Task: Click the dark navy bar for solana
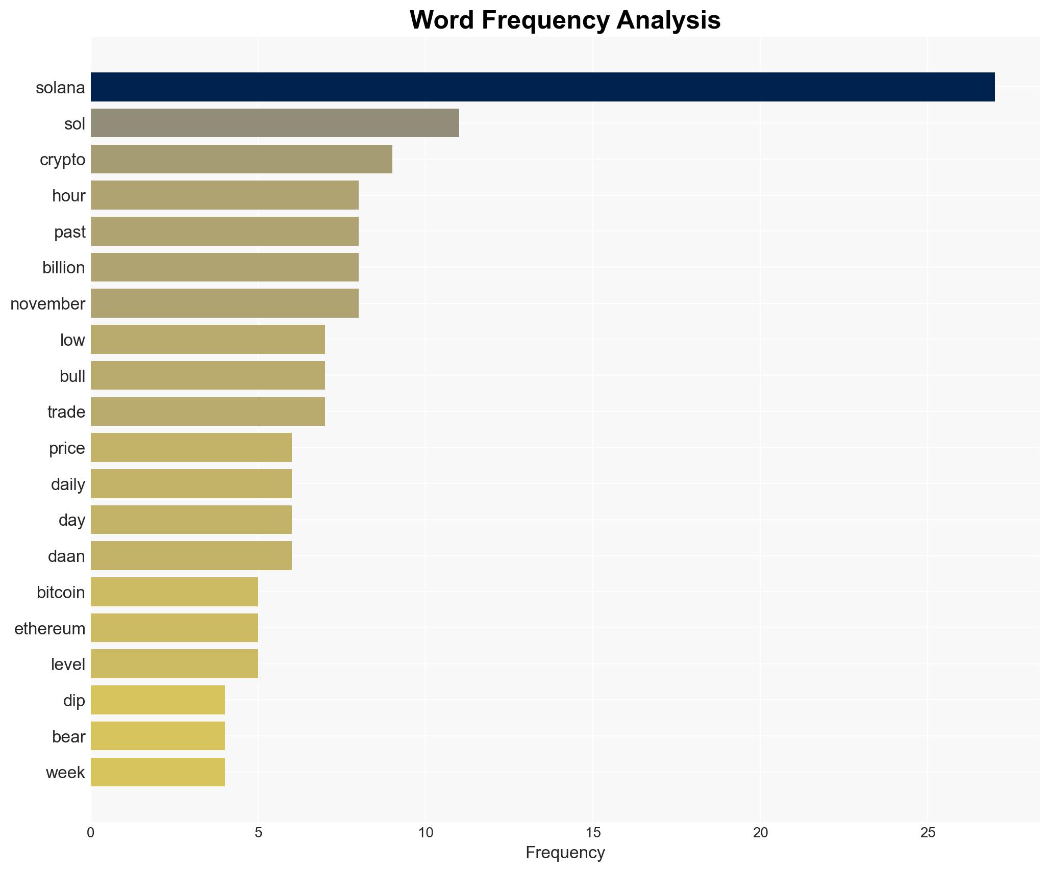(x=542, y=87)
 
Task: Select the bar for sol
(x=274, y=123)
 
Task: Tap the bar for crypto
(x=241, y=159)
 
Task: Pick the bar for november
(x=224, y=303)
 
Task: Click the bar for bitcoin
(x=174, y=592)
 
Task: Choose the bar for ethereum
(x=174, y=628)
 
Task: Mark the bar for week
(x=158, y=772)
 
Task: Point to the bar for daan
(x=191, y=556)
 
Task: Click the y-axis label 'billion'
(x=64, y=268)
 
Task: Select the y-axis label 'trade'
(x=66, y=412)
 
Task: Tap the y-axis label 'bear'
(x=68, y=737)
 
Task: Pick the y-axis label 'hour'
(x=68, y=196)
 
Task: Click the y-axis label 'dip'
(x=74, y=701)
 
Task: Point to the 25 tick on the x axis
(x=928, y=833)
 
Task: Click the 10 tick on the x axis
(x=426, y=833)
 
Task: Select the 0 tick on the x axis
(x=91, y=833)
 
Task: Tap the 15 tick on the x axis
(x=593, y=833)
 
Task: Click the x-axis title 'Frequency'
(x=565, y=853)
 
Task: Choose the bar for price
(x=191, y=448)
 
